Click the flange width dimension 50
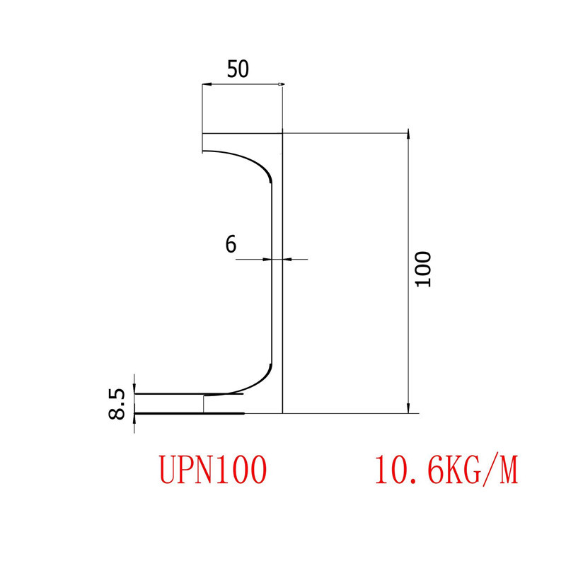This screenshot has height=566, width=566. tap(238, 69)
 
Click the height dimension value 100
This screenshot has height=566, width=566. tap(423, 269)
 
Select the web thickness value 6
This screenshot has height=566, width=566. tap(231, 244)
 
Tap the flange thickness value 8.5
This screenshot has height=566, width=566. tap(117, 404)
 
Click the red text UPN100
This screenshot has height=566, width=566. tap(213, 469)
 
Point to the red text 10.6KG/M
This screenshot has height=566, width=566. tap(446, 469)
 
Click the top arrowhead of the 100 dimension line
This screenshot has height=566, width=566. tap(408, 137)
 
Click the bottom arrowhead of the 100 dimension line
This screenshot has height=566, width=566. tap(408, 408)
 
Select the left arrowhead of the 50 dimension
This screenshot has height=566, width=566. tap(207, 85)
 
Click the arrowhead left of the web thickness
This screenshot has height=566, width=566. tap(268, 260)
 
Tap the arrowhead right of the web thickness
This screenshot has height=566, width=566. tap(287, 260)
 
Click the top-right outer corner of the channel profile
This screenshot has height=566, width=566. tap(282, 133)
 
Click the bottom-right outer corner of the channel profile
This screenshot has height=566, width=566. tap(282, 412)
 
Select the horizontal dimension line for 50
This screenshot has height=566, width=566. tap(242, 85)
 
